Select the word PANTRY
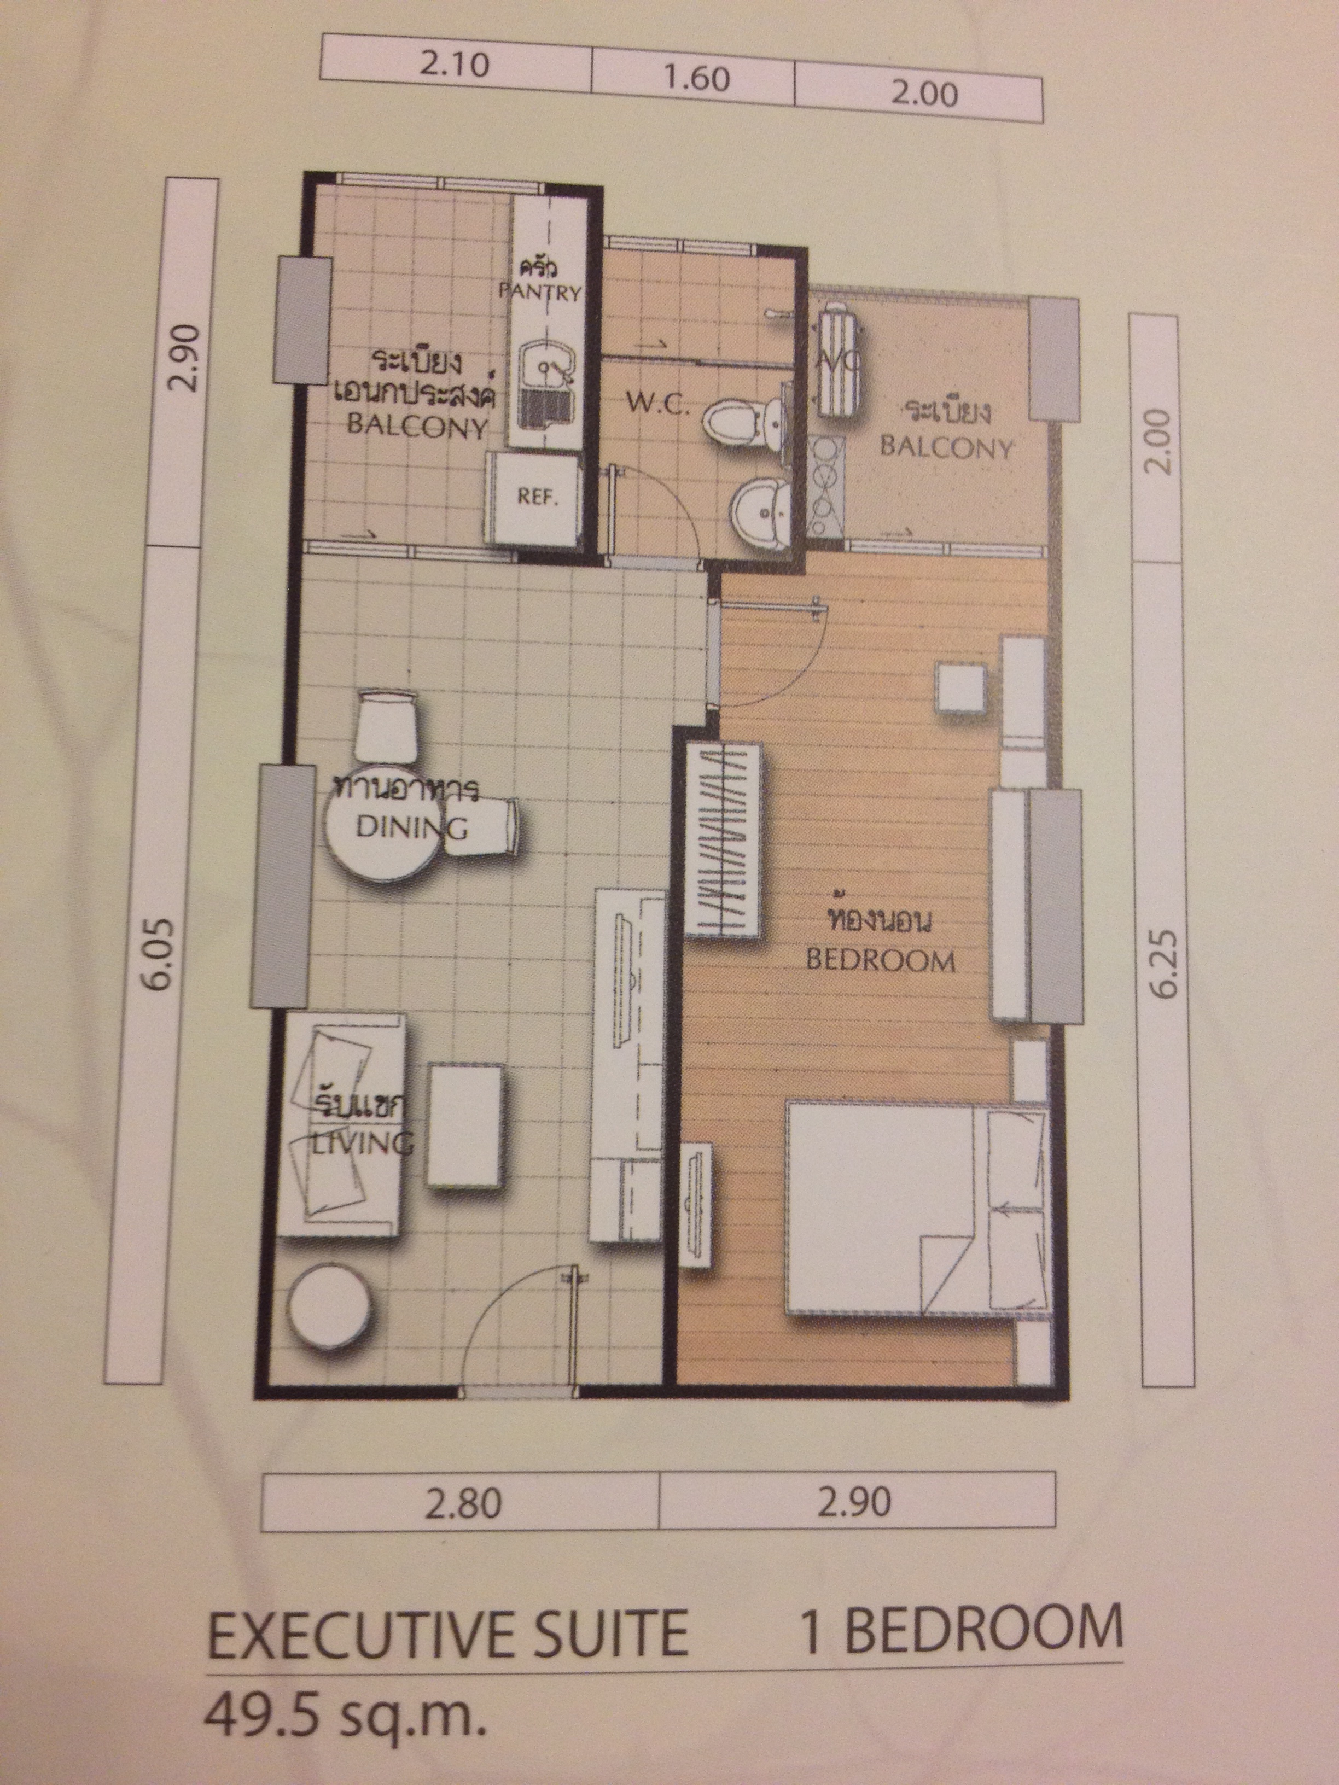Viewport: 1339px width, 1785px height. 540,292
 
